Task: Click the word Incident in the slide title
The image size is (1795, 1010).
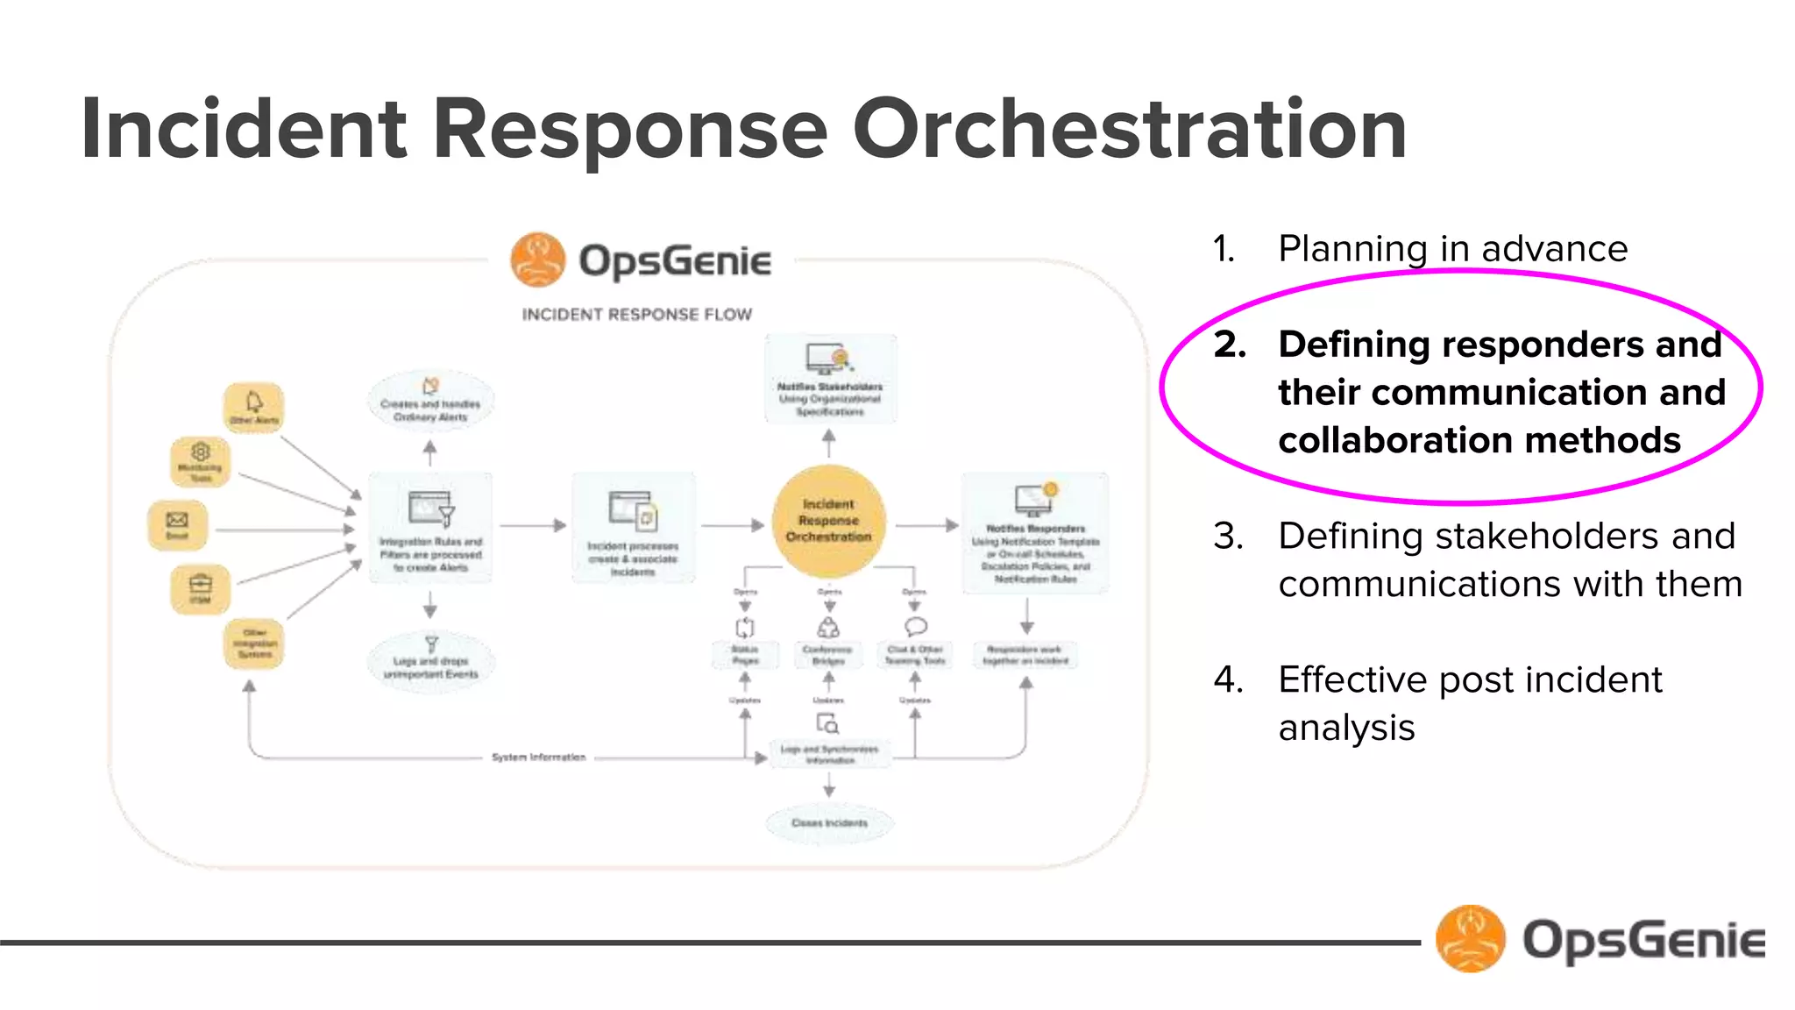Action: (x=244, y=130)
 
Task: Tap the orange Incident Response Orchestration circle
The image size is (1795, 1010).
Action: (x=828, y=521)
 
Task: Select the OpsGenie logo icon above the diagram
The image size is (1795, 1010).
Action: (x=538, y=260)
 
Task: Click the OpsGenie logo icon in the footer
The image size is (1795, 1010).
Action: (x=1470, y=939)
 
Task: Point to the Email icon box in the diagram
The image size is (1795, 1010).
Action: (x=178, y=525)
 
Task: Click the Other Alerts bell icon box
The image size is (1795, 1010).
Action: (x=253, y=408)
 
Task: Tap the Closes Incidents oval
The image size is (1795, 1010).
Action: (x=829, y=822)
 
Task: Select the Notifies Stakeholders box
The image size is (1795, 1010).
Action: (x=830, y=379)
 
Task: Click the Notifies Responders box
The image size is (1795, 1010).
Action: (x=1035, y=533)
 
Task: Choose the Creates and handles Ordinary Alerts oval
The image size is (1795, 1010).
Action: (x=430, y=402)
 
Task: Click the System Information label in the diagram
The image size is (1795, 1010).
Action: (x=538, y=757)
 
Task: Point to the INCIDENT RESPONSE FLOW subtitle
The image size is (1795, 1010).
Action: (x=637, y=314)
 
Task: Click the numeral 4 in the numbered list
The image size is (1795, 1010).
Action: (x=1228, y=680)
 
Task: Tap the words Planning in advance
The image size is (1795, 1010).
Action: (x=1452, y=249)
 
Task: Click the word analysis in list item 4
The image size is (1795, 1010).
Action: (x=1346, y=728)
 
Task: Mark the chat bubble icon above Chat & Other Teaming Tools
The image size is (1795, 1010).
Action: (x=915, y=626)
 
